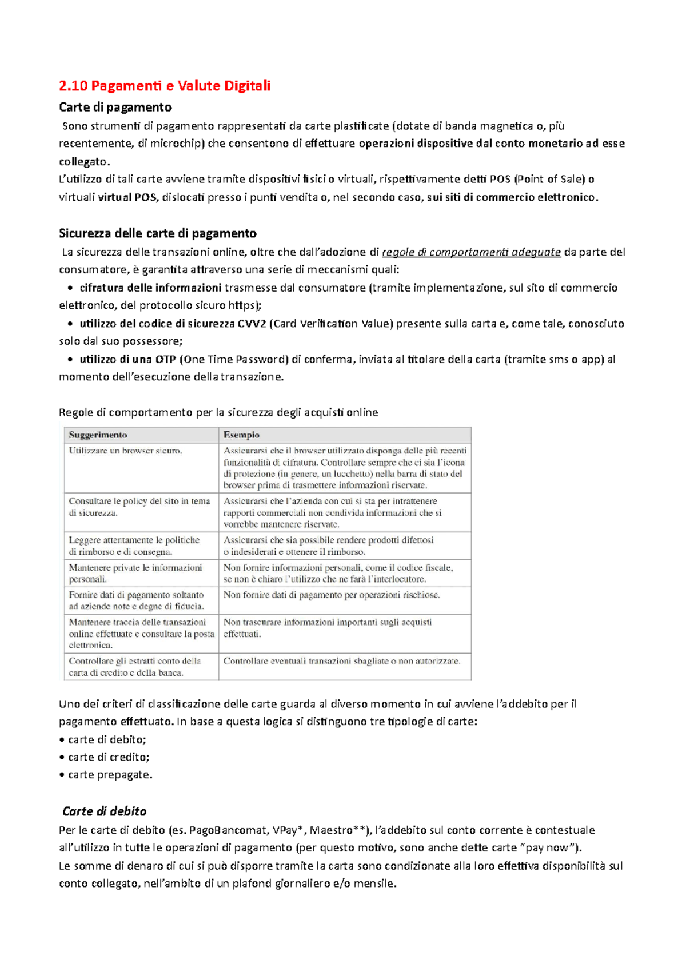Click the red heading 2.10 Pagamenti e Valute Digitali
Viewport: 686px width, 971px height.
coord(165,86)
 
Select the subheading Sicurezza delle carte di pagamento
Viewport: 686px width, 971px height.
coord(157,233)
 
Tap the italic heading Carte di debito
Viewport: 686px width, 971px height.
coord(105,811)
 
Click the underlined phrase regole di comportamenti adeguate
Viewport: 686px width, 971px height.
coord(471,252)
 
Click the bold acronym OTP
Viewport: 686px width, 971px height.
coord(165,359)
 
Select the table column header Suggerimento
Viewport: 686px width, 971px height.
coord(98,435)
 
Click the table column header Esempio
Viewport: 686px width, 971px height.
coord(241,435)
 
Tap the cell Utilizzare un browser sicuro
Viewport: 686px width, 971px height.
coord(126,451)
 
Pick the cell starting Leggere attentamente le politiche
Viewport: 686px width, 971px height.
coord(134,546)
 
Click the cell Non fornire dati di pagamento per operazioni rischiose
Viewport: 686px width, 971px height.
coord(332,595)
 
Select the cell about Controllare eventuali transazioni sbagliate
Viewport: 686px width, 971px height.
coord(341,661)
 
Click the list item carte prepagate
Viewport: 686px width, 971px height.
coord(110,775)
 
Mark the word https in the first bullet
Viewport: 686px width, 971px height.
coord(242,305)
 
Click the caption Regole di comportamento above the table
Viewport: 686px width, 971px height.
coord(218,412)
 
